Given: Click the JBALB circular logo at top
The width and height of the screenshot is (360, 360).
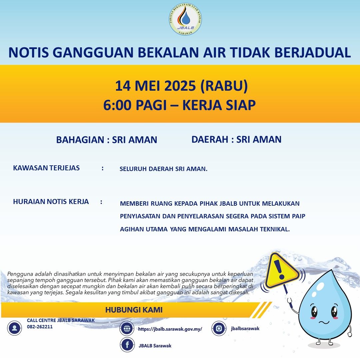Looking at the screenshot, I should (x=185, y=20).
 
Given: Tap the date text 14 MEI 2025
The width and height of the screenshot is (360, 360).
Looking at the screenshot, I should (x=155, y=86).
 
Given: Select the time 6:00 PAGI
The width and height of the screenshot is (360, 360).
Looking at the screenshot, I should (x=136, y=105).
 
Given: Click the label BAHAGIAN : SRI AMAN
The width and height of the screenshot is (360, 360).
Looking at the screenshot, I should (x=107, y=140).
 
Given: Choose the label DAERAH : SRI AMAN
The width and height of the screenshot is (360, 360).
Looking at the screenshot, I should (x=236, y=139).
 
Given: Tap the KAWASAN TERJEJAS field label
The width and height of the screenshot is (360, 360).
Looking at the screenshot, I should (x=46, y=168).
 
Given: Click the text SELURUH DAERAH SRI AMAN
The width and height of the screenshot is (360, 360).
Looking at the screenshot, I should (x=163, y=169).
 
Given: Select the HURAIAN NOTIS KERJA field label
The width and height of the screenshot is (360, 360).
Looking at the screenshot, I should (x=51, y=202).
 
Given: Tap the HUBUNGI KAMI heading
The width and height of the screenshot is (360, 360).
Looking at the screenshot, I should (x=134, y=310).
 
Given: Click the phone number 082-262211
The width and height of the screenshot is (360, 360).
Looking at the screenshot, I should (x=40, y=327).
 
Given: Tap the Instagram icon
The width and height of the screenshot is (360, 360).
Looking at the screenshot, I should (x=219, y=329).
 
